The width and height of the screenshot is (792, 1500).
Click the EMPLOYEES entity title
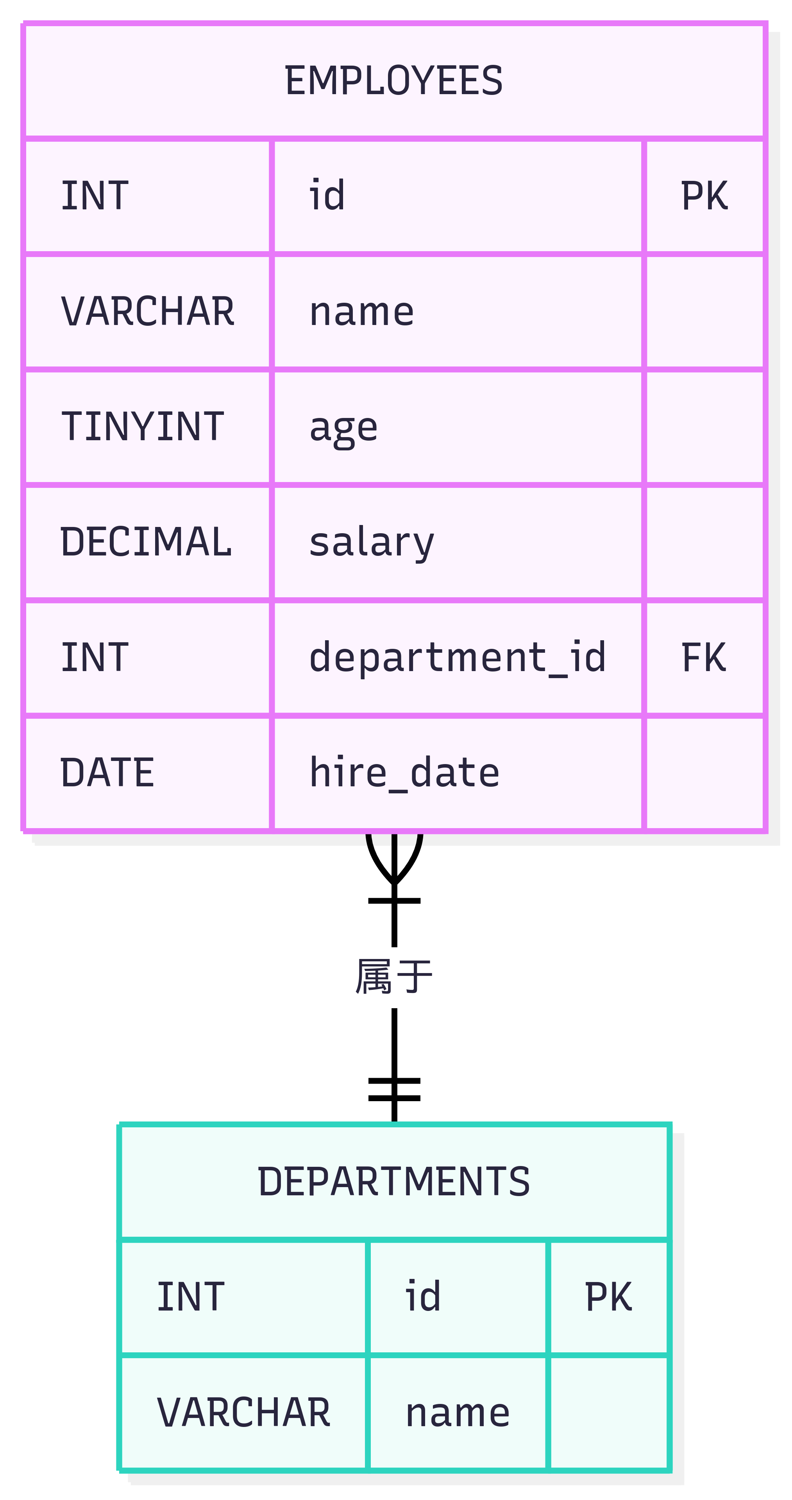point(394,80)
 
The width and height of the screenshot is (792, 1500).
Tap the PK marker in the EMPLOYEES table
point(704,196)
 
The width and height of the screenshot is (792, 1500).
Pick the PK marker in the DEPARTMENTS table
point(608,1297)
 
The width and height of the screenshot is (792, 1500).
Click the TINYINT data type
point(143,426)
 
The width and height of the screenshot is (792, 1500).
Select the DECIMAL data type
point(146,541)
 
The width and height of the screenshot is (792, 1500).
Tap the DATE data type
point(107,773)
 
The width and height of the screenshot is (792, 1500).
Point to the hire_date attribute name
point(404,773)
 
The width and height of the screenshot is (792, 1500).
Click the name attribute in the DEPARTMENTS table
point(458,1412)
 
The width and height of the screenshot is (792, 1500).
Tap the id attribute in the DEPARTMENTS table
point(423,1297)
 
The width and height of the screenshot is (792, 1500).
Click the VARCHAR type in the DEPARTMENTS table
point(243,1412)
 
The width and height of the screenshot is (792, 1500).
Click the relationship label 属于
point(394,977)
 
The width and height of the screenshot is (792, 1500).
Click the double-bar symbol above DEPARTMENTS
point(394,1089)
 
